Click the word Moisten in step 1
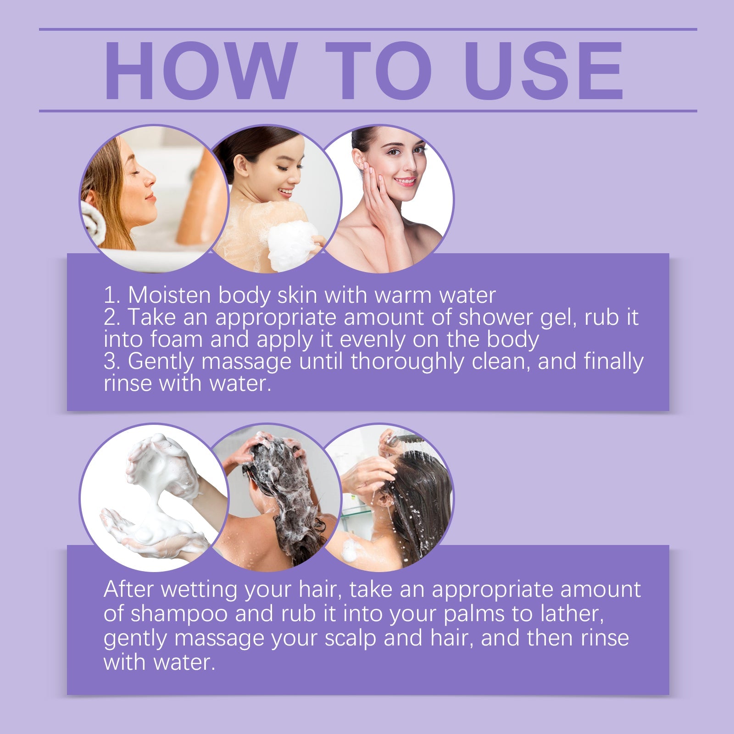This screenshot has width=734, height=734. (169, 295)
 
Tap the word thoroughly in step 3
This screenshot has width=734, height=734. (407, 361)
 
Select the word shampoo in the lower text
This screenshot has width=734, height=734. (179, 614)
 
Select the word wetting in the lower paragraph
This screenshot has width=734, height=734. (199, 589)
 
